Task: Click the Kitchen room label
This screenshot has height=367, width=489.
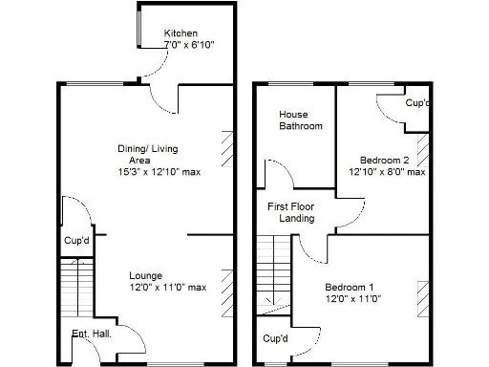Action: [181, 33]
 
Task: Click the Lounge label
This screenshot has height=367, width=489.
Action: [146, 275]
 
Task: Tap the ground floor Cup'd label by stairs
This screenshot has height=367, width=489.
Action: [76, 241]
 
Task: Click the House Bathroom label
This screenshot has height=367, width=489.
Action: [300, 119]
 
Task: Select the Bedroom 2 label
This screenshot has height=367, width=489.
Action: [384, 160]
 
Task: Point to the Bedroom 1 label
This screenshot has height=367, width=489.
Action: [350, 288]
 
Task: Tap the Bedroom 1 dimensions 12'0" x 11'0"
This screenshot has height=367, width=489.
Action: [353, 299]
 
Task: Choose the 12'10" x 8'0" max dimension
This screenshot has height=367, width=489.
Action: [386, 172]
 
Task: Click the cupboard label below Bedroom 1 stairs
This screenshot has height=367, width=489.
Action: [275, 338]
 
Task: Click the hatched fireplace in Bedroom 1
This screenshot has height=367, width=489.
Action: [421, 296]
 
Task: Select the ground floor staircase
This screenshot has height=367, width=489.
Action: [76, 288]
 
